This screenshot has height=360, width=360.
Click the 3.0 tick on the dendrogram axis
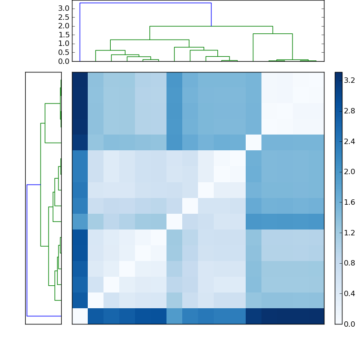pos(64,8)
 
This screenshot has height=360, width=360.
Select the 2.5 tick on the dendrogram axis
pos(64,17)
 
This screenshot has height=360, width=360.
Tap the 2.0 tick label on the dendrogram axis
pos(64,26)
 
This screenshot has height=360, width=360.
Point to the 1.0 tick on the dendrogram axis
pos(64,43)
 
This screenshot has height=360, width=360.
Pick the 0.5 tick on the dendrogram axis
pos(64,52)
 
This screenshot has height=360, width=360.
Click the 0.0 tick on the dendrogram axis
pos(64,61)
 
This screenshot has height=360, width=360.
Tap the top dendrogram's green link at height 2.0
pos(211,26)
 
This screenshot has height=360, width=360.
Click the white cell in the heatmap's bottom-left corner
pos(80,316)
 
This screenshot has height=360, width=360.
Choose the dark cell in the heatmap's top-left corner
pos(80,80)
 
